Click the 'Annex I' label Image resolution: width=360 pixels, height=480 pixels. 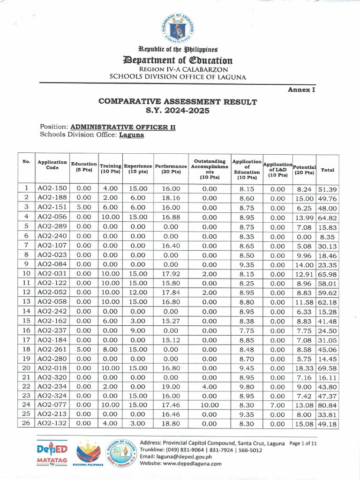[x=300, y=90]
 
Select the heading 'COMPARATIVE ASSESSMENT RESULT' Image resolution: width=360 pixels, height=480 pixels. [x=177, y=102]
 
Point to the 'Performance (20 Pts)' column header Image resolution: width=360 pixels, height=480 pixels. [x=171, y=169]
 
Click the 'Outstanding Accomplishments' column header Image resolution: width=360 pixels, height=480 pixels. [x=209, y=169]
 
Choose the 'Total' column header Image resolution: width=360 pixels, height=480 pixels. [x=328, y=170]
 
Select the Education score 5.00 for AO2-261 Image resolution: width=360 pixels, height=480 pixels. [x=83, y=348]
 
